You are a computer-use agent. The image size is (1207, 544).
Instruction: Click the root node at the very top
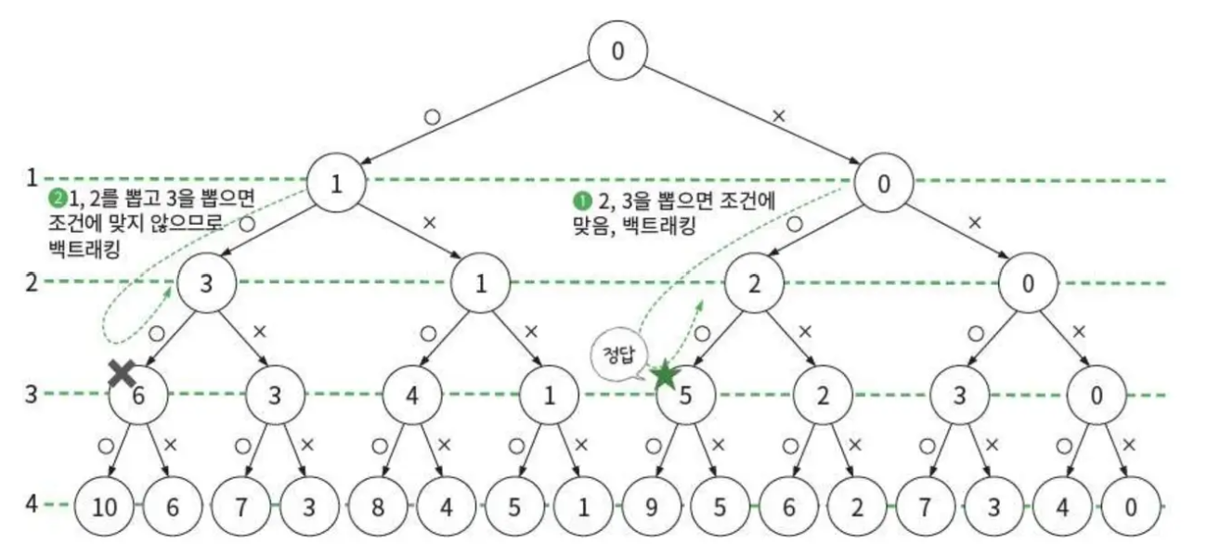[617, 50]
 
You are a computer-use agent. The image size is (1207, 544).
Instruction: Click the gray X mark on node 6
[122, 373]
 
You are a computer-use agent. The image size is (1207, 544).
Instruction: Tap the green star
[665, 375]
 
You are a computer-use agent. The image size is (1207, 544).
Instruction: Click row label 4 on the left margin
[31, 505]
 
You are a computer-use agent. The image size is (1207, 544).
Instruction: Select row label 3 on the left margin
[31, 394]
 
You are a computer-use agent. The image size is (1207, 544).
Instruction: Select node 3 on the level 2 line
[206, 282]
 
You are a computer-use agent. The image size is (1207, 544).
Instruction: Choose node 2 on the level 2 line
[753, 282]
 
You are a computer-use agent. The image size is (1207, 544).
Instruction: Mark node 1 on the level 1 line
[336, 183]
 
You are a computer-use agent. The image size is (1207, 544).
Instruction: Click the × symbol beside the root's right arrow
[778, 115]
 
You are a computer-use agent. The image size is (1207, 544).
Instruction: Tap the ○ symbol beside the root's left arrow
[431, 118]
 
